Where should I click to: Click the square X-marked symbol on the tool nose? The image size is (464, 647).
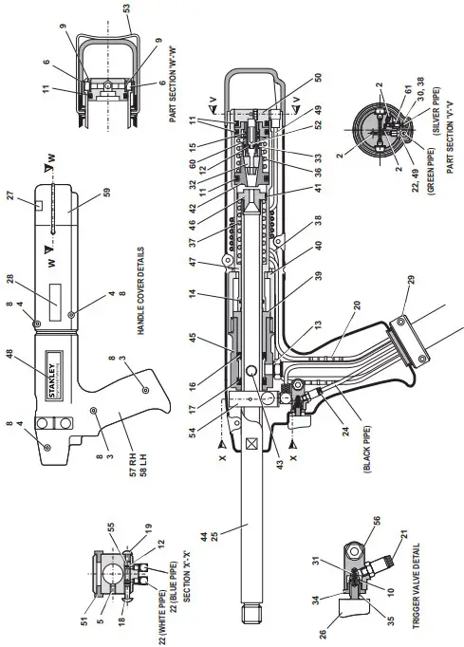(251, 442)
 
